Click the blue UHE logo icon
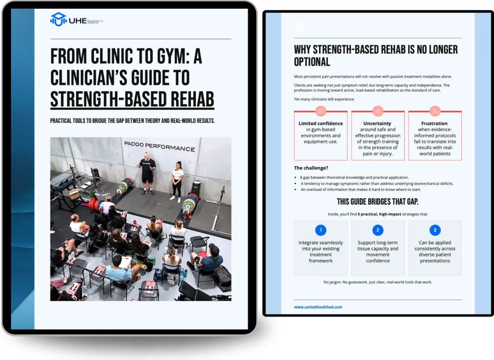(x=58, y=19)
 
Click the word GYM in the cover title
(x=172, y=56)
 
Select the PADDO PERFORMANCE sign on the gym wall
(x=159, y=146)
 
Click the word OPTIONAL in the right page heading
(x=312, y=62)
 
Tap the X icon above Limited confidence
(x=321, y=111)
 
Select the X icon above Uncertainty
(x=378, y=111)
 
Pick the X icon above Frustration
(x=435, y=111)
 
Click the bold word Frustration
(x=434, y=123)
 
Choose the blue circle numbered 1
(x=321, y=230)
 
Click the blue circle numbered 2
(x=378, y=230)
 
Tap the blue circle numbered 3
(x=435, y=230)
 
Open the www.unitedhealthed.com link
(x=318, y=307)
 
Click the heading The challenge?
(x=311, y=168)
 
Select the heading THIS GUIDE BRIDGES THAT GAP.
(x=377, y=202)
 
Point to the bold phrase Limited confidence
(x=321, y=123)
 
